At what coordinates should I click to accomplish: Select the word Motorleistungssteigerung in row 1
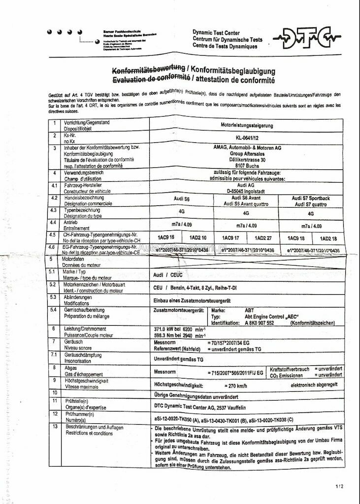tap(247, 125)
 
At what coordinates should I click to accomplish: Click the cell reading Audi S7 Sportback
tap(311, 198)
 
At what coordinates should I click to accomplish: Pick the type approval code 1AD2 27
tap(262, 238)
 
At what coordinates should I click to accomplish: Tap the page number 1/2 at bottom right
tap(339, 486)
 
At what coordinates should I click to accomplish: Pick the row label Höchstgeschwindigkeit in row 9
tap(86, 380)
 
